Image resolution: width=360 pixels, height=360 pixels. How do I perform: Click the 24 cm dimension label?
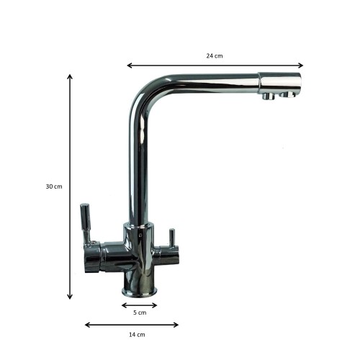[x=215, y=56]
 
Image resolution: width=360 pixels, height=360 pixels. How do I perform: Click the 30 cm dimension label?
[x=54, y=186]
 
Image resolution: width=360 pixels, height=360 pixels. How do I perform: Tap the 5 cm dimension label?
[x=140, y=312]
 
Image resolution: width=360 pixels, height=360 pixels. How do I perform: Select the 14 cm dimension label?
[x=137, y=335]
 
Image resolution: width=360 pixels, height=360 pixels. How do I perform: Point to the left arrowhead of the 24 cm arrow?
[x=130, y=66]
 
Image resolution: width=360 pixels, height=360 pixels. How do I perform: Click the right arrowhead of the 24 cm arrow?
[x=300, y=66]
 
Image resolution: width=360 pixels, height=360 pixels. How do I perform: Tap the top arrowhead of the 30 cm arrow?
[x=70, y=77]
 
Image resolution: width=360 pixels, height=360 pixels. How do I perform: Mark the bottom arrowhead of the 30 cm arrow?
[x=70, y=297]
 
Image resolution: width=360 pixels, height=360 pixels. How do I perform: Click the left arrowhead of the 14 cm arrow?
[x=88, y=325]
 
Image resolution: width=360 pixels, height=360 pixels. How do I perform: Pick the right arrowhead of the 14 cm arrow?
[x=176, y=325]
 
